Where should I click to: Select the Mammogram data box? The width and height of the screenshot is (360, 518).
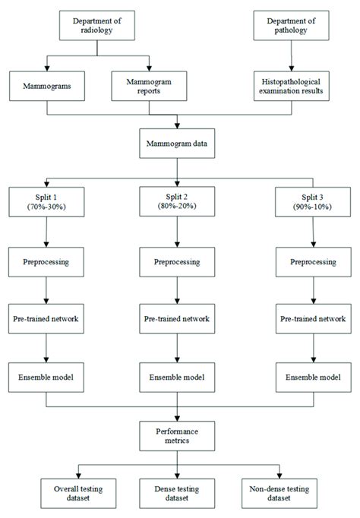[x=178, y=142]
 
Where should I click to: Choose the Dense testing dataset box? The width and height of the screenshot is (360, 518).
[x=178, y=491]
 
